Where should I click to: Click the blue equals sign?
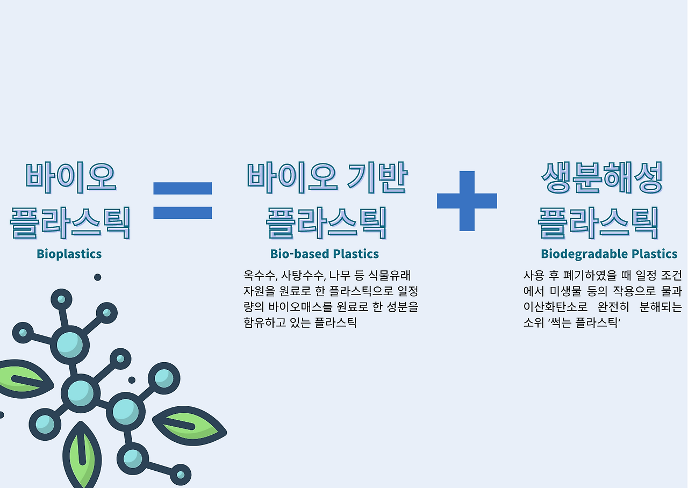[x=183, y=200]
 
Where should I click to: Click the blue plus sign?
[x=467, y=200]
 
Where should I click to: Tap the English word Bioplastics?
[x=69, y=254]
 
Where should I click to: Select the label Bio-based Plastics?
[x=324, y=254]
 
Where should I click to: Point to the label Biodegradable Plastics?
[x=609, y=254]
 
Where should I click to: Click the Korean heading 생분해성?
[x=601, y=178]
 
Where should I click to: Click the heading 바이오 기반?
[x=327, y=178]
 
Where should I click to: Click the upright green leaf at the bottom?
[x=82, y=456]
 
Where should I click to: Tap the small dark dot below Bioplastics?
[x=97, y=277]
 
